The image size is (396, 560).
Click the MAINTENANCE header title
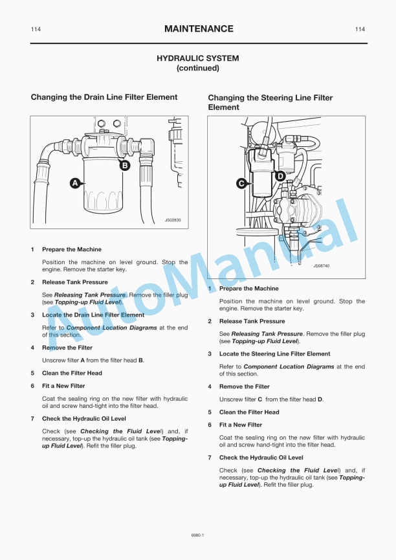(199, 29)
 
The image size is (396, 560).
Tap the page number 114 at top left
(36, 30)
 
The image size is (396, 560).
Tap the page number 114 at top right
(360, 30)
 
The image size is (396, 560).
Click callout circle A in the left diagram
(75, 183)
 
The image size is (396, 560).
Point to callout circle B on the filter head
(125, 165)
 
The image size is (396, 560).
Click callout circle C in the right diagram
(241, 183)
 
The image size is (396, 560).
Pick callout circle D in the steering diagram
(280, 175)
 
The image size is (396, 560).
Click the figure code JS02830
(173, 220)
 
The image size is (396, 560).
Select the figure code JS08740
(321, 265)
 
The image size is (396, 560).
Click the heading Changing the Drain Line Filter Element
(104, 97)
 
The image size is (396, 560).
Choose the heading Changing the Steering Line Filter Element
(270, 102)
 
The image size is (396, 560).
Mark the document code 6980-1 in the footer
(198, 535)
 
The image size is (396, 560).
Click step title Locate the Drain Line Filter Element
(93, 315)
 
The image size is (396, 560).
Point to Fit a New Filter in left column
(63, 386)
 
